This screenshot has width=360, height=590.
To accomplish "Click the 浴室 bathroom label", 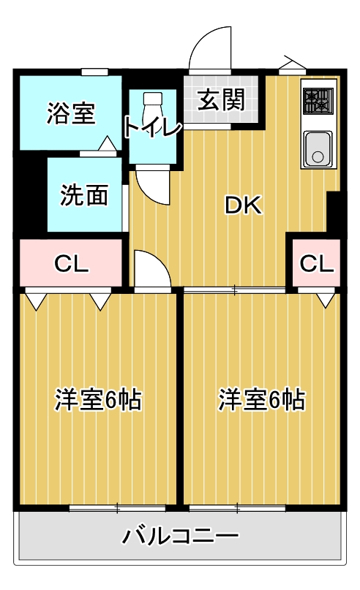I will (x=71, y=113).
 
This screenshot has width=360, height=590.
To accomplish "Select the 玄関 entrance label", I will (x=220, y=100).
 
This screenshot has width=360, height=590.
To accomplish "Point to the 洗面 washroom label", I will (x=85, y=195).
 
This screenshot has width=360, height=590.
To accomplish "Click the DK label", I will (x=242, y=207).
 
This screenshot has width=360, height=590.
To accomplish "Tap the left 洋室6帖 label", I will (x=98, y=400).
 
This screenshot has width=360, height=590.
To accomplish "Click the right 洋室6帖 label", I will (x=261, y=400).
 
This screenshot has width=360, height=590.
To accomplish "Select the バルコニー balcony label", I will (x=179, y=537).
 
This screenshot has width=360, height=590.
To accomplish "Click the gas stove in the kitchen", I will (x=318, y=100).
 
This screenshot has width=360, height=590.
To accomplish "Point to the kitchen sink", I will (x=318, y=150).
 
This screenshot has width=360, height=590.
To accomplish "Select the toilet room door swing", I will (x=153, y=185).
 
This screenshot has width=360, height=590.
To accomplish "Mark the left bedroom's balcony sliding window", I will (x=117, y=506).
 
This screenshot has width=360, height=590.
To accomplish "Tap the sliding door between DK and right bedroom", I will (x=234, y=290).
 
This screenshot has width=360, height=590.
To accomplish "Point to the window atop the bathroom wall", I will (x=95, y=71).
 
